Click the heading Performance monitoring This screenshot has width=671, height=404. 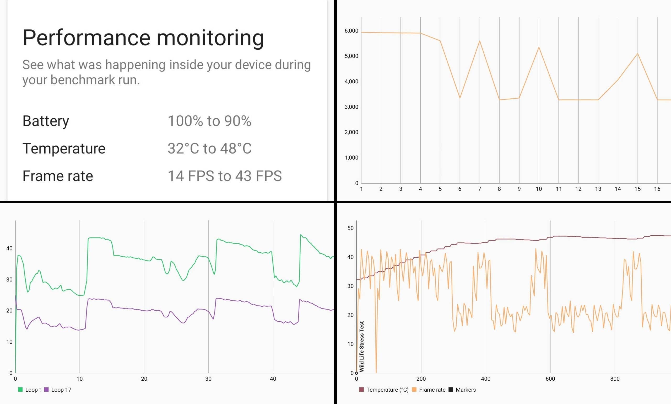click(x=143, y=38)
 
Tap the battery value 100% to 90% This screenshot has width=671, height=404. click(x=209, y=121)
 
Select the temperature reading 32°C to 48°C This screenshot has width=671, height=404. click(x=209, y=148)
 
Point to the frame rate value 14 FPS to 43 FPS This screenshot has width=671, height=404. click(x=224, y=176)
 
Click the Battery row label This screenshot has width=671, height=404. click(x=46, y=121)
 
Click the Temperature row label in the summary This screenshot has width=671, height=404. click(x=64, y=148)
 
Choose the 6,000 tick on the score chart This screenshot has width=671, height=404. click(x=351, y=31)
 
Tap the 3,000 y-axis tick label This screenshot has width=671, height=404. click(x=351, y=107)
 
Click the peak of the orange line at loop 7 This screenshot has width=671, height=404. click(x=479, y=41)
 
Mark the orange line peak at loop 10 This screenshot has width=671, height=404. click(x=539, y=47)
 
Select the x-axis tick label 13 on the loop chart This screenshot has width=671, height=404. click(x=598, y=189)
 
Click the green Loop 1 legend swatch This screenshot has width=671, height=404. click(x=20, y=390)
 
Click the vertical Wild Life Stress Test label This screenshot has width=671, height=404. click(x=361, y=346)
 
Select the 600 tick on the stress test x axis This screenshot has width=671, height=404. click(x=550, y=379)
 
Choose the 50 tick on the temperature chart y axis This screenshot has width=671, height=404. click(x=350, y=228)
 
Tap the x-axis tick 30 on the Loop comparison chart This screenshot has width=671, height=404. click(x=208, y=379)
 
